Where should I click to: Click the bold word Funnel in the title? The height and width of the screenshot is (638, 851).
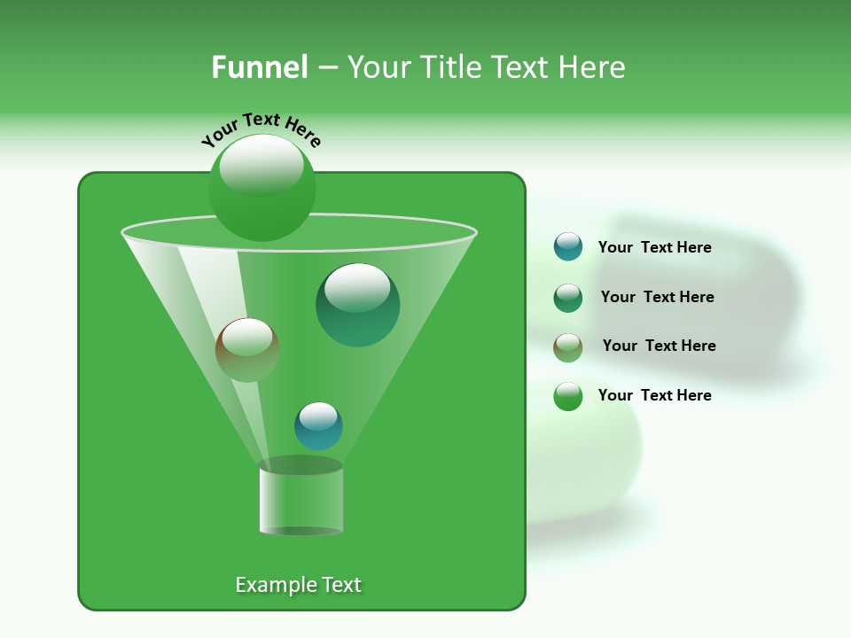point(260,67)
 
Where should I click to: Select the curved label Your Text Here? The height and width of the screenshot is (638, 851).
point(261,129)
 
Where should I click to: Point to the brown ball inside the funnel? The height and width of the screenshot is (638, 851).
point(247,351)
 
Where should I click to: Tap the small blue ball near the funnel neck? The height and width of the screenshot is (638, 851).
point(318,426)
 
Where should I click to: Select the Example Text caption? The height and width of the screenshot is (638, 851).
point(298,585)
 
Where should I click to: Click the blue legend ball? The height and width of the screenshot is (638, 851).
point(568,247)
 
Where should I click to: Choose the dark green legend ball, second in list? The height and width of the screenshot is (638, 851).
point(568,298)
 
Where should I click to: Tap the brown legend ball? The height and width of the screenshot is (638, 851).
point(568,346)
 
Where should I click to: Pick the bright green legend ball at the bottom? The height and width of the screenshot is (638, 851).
point(568,396)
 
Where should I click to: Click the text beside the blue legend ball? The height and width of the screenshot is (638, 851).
point(654,248)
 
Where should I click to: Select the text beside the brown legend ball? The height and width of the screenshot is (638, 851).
point(659,346)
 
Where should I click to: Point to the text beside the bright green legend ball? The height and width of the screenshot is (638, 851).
point(654,395)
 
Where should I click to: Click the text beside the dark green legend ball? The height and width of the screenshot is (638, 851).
point(657,298)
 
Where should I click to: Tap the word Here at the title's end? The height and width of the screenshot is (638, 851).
point(592,67)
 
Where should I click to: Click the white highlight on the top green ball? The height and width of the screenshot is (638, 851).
point(261,164)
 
